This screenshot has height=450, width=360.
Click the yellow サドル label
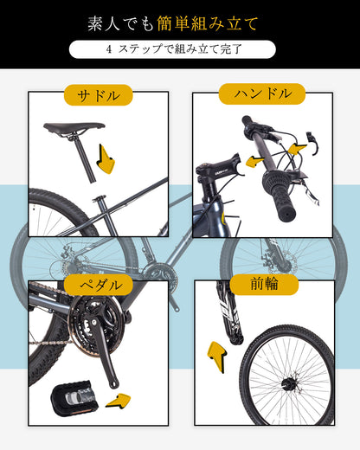point(98,94)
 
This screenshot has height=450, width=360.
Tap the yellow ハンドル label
point(261,93)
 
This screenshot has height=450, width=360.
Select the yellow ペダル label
point(98,284)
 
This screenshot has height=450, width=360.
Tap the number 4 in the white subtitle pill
point(109,50)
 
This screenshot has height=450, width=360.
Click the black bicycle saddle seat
point(73,127)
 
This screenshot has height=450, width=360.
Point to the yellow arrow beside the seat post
point(106,160)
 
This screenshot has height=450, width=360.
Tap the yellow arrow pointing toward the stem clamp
point(253,161)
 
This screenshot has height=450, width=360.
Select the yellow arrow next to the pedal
point(118,400)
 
